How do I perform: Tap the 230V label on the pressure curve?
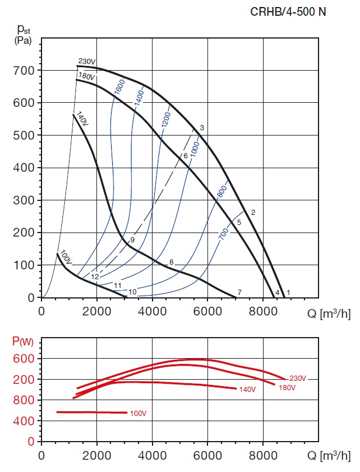pyautogui.click(x=86, y=61)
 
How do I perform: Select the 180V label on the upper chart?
pyautogui.click(x=86, y=76)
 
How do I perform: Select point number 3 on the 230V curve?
pyautogui.click(x=202, y=127)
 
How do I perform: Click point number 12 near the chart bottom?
pyautogui.click(x=95, y=276)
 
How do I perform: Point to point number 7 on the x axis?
pyautogui.click(x=240, y=291)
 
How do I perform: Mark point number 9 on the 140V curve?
pyautogui.click(x=133, y=240)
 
